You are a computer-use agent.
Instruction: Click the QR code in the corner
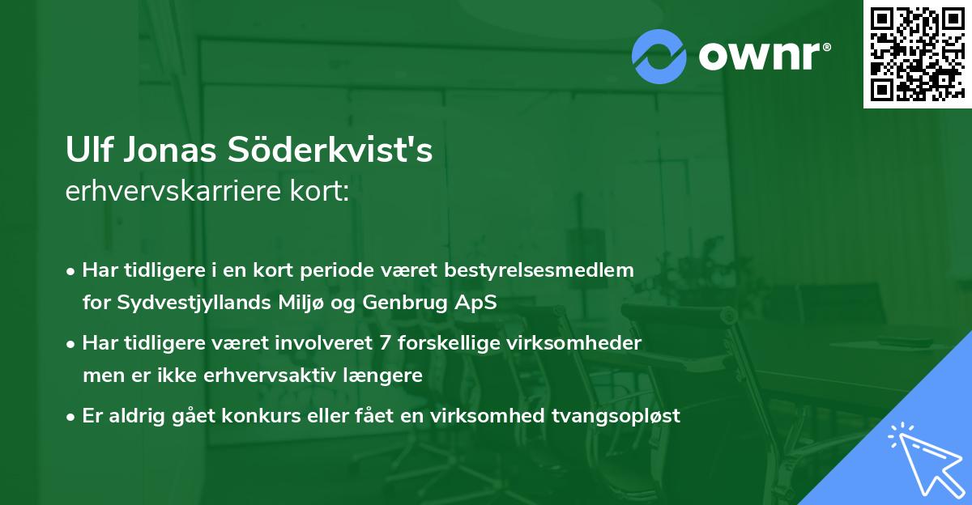pos(917,53)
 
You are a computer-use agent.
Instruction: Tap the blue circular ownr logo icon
pos(660,56)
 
